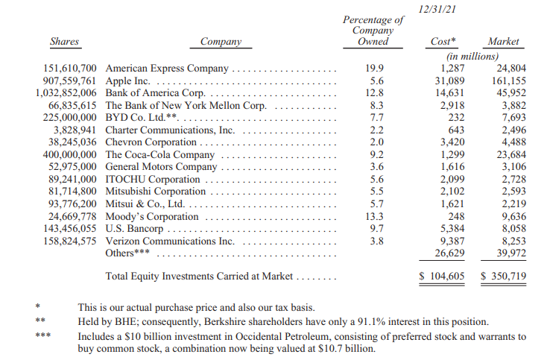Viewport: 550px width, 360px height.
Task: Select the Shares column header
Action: [65, 42]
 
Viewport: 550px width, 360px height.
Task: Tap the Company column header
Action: [221, 42]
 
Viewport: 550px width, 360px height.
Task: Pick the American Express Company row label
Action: [168, 69]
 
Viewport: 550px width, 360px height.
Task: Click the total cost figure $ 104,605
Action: [441, 277]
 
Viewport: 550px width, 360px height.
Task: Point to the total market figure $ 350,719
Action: [503, 277]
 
